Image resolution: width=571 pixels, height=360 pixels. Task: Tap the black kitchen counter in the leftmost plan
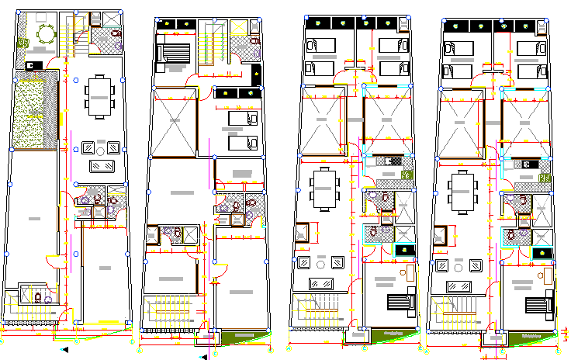coord(35,66)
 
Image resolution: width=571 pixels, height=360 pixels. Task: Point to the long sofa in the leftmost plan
coord(102,166)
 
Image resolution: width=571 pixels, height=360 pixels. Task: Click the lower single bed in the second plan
coord(243,143)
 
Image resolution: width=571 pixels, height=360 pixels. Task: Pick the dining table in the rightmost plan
coord(463,190)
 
